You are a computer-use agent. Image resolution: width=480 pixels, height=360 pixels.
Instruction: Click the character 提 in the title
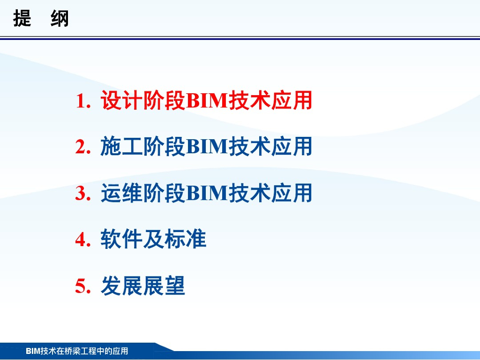[22, 18]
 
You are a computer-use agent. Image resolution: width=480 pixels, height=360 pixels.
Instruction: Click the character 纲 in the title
[60, 18]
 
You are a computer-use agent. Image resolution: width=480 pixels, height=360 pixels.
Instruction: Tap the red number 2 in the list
[80, 147]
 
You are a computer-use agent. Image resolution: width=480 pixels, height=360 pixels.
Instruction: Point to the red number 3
[80, 193]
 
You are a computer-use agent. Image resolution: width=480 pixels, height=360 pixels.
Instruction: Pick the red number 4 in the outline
[80, 240]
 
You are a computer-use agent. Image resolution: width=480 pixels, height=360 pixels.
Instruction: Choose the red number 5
[80, 286]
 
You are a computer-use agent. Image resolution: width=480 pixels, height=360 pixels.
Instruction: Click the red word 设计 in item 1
[121, 100]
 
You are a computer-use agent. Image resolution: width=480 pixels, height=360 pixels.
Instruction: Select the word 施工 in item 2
[121, 147]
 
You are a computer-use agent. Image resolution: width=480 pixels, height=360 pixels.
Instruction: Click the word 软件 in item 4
[121, 239]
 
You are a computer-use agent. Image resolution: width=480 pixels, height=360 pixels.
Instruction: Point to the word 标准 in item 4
[186, 239]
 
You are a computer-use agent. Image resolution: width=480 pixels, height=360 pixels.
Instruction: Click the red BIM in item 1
[207, 101]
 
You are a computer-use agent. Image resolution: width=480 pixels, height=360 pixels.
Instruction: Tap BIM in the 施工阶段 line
[207, 147]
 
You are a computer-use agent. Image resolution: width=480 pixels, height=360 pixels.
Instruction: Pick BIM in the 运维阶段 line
[207, 193]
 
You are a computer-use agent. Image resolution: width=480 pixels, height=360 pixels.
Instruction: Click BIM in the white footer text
[33, 351]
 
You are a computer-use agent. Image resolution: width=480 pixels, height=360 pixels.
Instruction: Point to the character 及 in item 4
[153, 239]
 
